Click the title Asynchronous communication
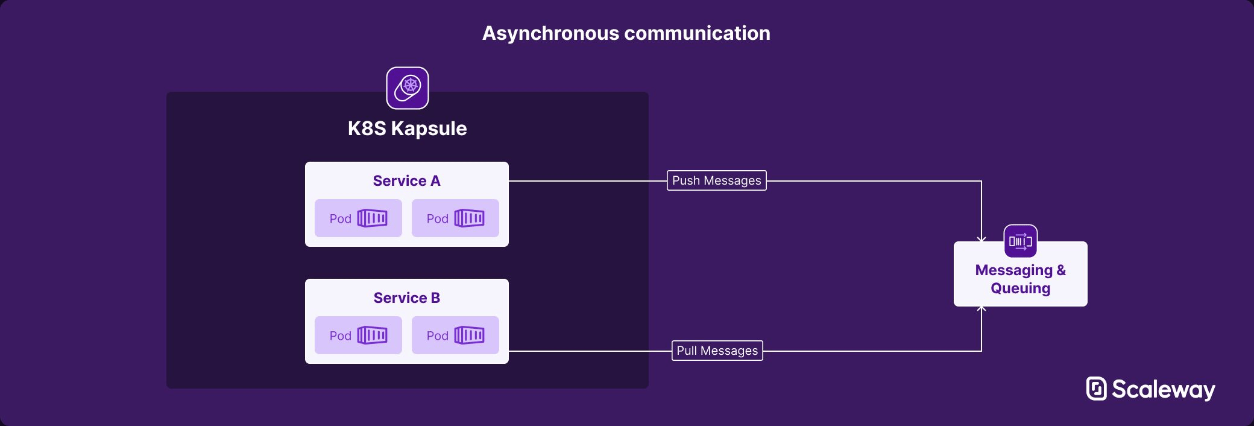pyautogui.click(x=626, y=33)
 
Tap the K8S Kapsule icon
pyautogui.click(x=408, y=88)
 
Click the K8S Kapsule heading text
pyautogui.click(x=408, y=129)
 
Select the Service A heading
pyautogui.click(x=407, y=181)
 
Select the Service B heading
pyautogui.click(x=407, y=298)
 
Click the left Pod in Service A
pyautogui.click(x=358, y=218)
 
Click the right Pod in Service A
pyautogui.click(x=455, y=218)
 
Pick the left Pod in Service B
pyautogui.click(x=358, y=335)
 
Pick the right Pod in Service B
pyautogui.click(x=455, y=335)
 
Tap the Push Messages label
pyautogui.click(x=717, y=180)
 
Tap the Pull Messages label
pyautogui.click(x=717, y=351)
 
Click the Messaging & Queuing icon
pyautogui.click(x=1021, y=241)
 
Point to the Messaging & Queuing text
pyautogui.click(x=1021, y=279)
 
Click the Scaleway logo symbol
pyautogui.click(x=1097, y=389)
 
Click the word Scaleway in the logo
pyautogui.click(x=1164, y=390)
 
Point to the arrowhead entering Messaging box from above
pyautogui.click(x=981, y=240)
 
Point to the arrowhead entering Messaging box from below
pyautogui.click(x=981, y=309)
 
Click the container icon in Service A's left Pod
pyautogui.click(x=373, y=218)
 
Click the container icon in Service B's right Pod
pyautogui.click(x=470, y=335)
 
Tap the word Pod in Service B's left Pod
pyautogui.click(x=340, y=336)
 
